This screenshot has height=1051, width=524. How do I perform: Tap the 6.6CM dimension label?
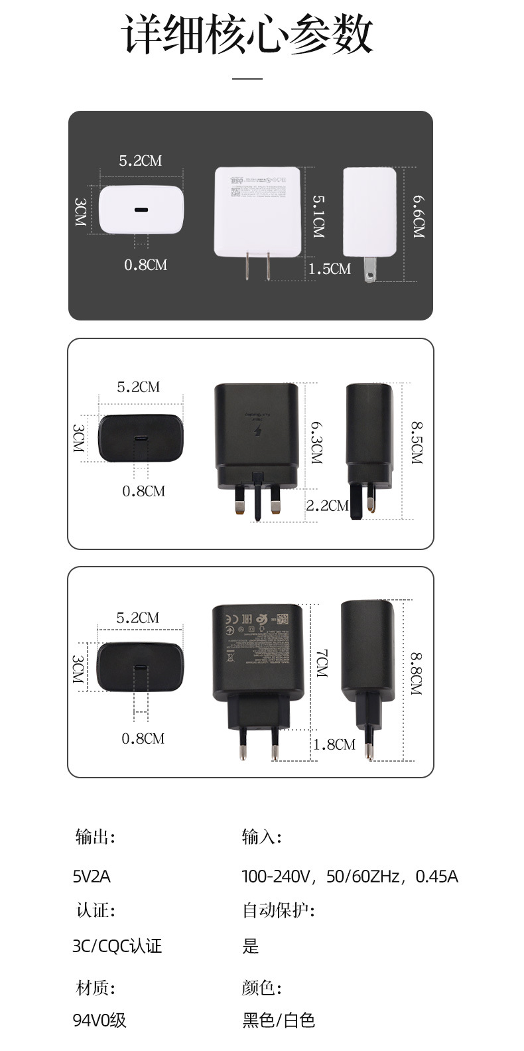tap(418, 216)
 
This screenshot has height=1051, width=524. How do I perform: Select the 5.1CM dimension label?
tap(318, 216)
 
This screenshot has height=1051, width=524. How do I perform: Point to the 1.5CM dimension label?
tap(330, 269)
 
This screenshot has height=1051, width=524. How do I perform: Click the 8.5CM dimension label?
tap(417, 442)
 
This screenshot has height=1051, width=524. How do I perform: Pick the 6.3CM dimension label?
tap(316, 442)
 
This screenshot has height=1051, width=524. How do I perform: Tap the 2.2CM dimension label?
tap(327, 506)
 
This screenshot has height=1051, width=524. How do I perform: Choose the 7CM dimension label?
tap(322, 663)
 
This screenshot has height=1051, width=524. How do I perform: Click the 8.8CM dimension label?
tap(416, 673)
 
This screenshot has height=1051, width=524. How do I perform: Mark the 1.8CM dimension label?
tap(334, 744)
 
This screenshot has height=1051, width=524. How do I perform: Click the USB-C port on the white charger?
tap(141, 211)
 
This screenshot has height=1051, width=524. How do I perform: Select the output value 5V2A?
tap(92, 876)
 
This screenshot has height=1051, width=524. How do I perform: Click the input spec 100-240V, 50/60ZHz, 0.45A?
tap(350, 876)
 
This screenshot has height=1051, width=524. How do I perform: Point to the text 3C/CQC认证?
tap(117, 946)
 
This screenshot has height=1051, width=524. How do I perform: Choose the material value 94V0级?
tap(99, 1020)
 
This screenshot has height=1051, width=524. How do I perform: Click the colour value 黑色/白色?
tap(279, 1020)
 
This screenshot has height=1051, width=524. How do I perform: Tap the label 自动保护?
tap(278, 910)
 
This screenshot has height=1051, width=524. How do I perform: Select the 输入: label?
tap(261, 837)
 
